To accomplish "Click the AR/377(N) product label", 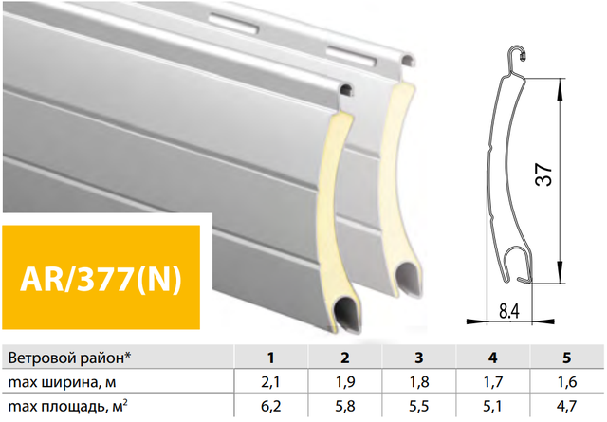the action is coord(101,279).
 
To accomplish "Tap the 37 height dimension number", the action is coord(543,174).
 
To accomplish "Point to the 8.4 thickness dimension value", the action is coord(509,310).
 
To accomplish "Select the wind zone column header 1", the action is coord(270,358).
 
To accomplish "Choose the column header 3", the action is coord(419,358).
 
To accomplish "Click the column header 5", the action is coord(567,358).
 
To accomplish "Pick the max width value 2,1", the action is coord(270,382).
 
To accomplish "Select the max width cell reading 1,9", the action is coord(344,382).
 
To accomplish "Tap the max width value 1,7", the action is coord(493,382).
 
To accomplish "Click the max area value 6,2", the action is coord(270,406).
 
